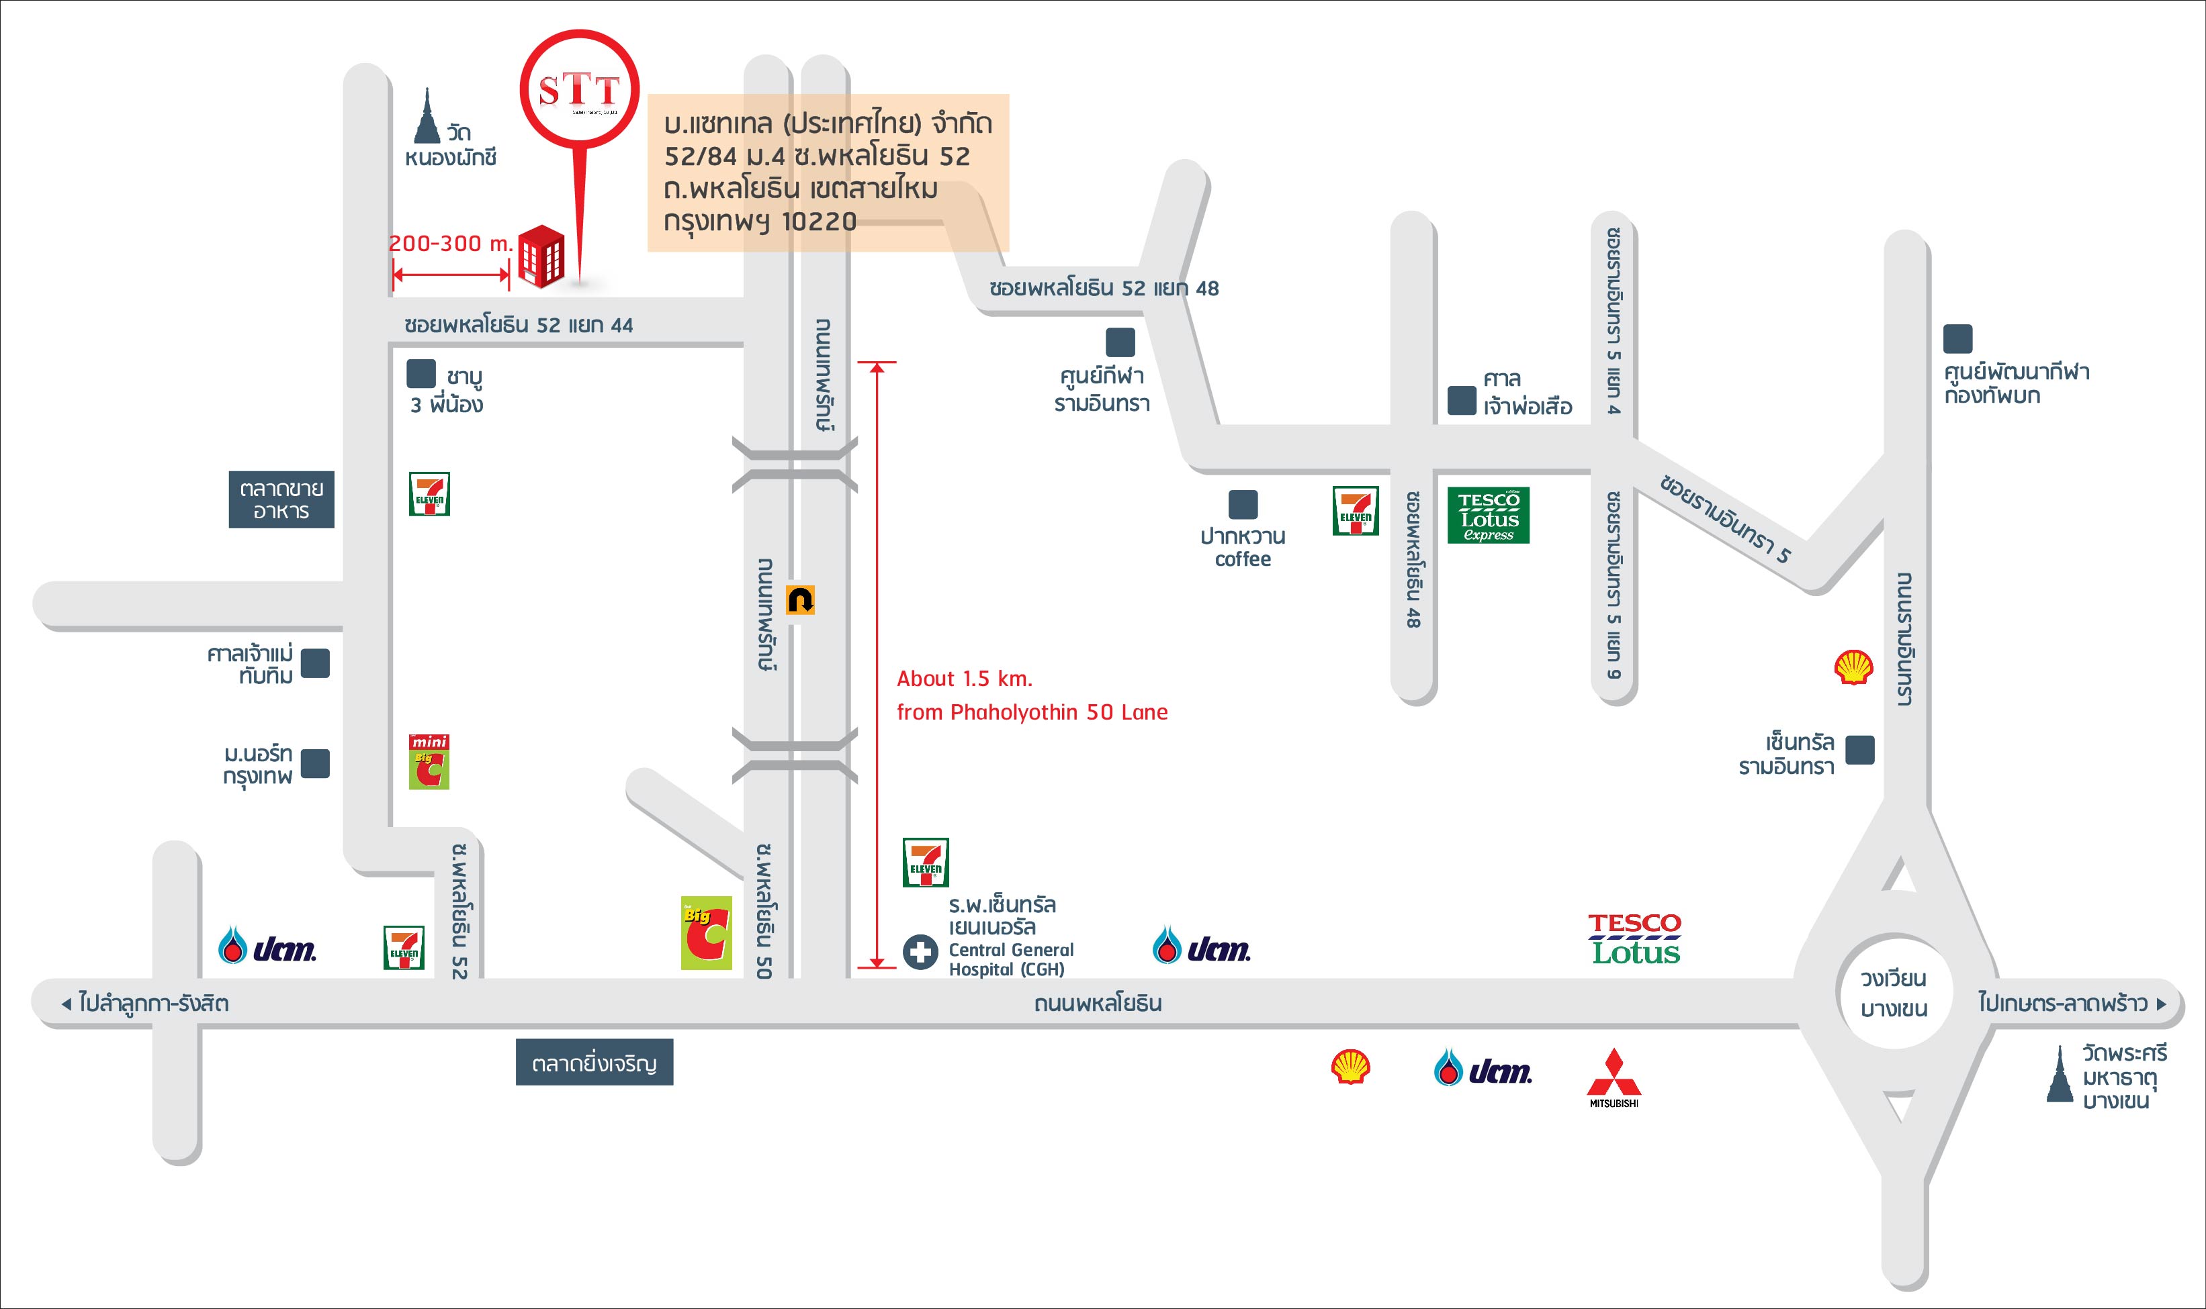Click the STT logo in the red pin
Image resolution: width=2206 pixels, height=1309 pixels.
coord(579,89)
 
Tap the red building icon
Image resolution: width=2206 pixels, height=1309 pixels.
coord(540,256)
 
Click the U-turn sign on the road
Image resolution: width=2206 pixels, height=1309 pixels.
coord(800,600)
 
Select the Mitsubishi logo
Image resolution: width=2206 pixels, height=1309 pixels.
coord(1614,1076)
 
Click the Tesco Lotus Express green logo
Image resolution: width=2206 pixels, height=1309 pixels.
coord(1489,515)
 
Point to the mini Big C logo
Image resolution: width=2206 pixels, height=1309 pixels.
coord(429,761)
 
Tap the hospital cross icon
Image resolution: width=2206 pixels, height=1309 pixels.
coord(920,952)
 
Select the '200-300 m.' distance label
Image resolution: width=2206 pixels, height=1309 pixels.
coord(450,244)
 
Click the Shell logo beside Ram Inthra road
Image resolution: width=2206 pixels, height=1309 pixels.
coord(1853,668)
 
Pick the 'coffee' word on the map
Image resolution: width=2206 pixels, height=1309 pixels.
coord(1243,559)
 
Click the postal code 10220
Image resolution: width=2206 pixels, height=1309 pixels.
coord(819,221)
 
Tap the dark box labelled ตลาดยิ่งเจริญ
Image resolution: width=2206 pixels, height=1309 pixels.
coord(594,1062)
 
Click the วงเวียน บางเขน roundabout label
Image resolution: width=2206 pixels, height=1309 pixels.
coord(1894,993)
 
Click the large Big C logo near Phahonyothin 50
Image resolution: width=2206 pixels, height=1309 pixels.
coord(706,933)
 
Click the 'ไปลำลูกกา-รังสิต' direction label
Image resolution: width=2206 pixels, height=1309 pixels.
coord(152,1003)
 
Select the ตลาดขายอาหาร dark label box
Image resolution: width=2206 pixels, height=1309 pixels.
coord(281,499)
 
